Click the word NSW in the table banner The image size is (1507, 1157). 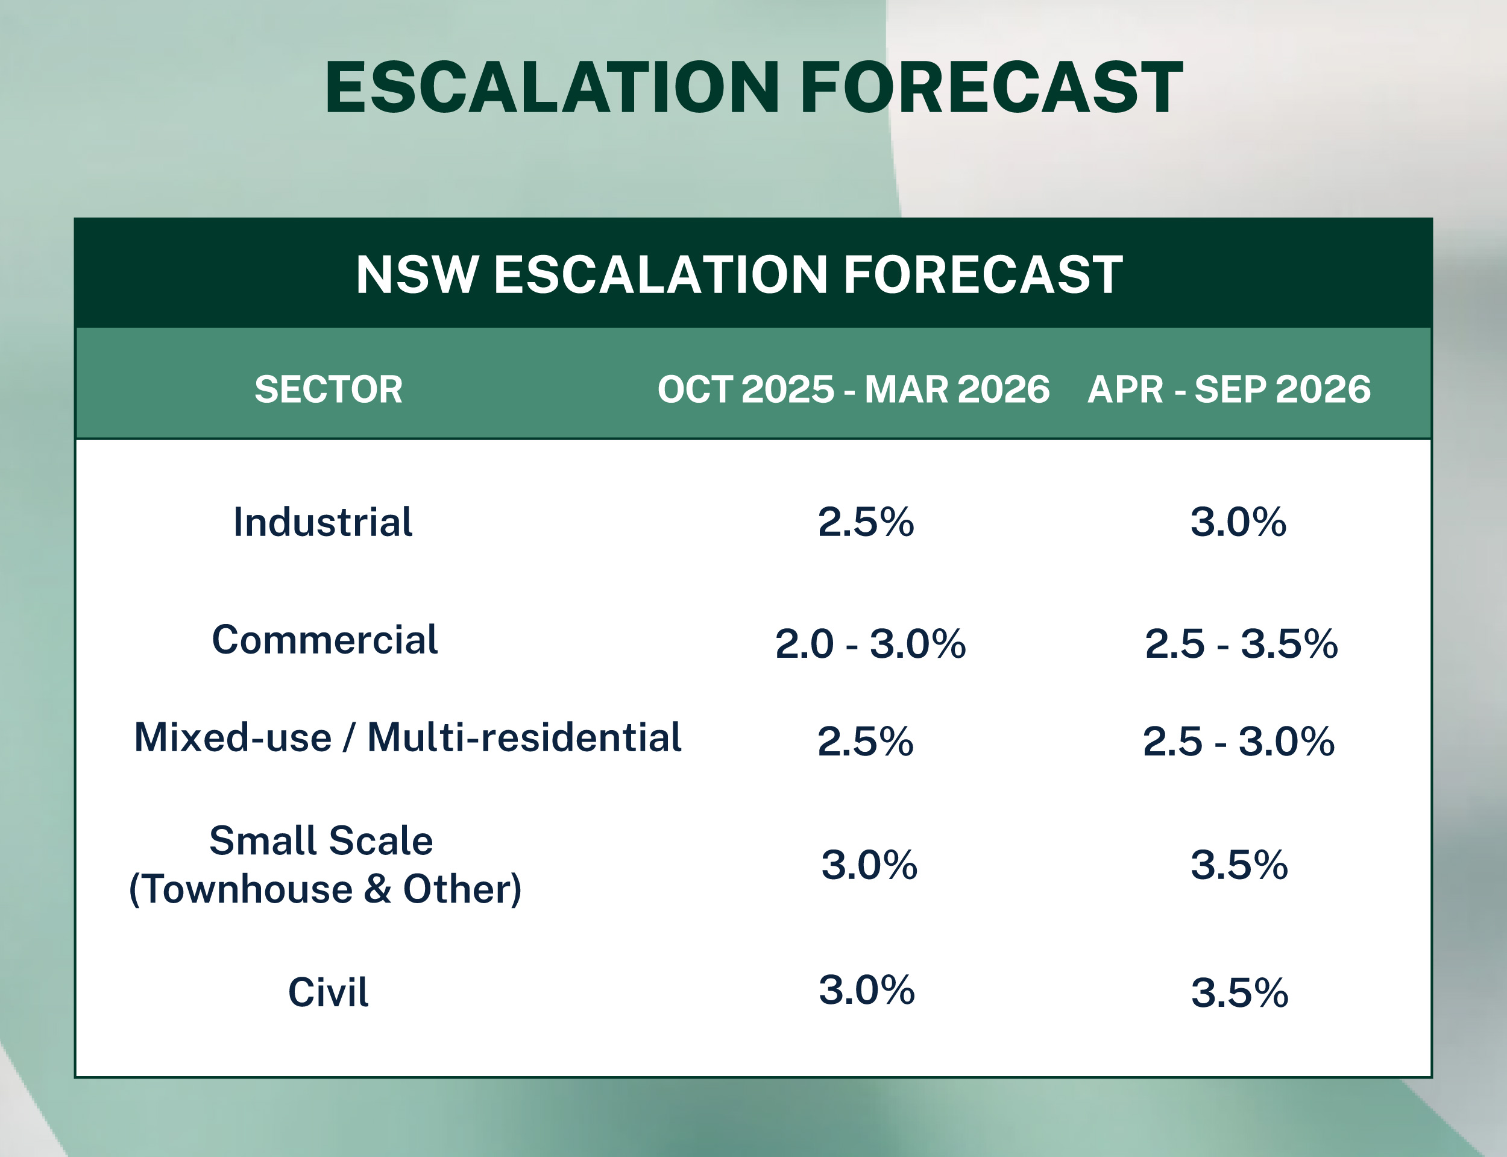tap(417, 275)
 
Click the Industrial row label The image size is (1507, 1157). tap(323, 522)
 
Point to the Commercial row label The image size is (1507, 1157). tap(325, 640)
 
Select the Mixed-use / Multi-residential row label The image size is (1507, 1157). tap(407, 737)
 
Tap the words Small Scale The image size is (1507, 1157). tap(321, 841)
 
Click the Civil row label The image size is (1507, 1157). tap(329, 992)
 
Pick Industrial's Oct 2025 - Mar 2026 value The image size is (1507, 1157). tap(866, 522)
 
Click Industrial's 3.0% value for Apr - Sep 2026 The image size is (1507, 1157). tap(1238, 522)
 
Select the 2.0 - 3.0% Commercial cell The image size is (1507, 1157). tap(870, 644)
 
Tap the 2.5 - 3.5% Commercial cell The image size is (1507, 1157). tap(1241, 644)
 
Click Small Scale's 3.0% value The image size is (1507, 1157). tap(869, 865)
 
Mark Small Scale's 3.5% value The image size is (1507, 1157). tap(1239, 865)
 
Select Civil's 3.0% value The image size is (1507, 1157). tap(866, 991)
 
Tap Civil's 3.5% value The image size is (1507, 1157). tap(1239, 993)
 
